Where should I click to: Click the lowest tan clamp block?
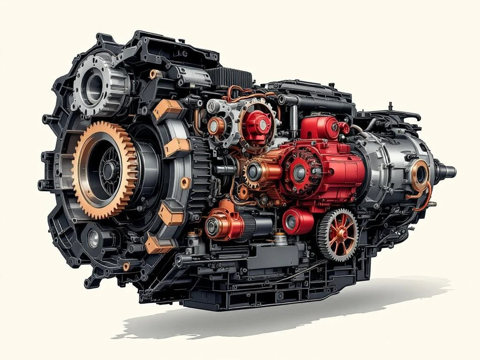[x=157, y=244]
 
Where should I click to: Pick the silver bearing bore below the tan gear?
[x=94, y=240]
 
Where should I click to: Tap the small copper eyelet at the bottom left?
[x=126, y=267]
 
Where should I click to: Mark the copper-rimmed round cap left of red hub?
[x=217, y=126]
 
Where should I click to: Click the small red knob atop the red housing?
[x=335, y=124]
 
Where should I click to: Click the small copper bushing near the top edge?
[x=154, y=74]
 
